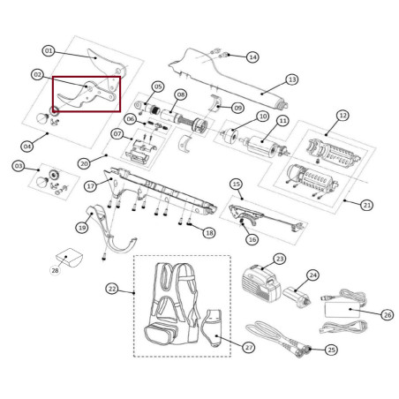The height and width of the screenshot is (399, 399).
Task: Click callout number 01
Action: point(49,51)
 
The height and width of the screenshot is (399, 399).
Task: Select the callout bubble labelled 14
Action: point(252,56)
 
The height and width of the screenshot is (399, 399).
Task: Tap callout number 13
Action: point(292,79)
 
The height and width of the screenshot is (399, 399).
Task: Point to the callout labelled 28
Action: point(55,270)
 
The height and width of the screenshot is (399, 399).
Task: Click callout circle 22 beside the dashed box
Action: point(112,289)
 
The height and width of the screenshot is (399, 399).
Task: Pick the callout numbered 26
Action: point(388,315)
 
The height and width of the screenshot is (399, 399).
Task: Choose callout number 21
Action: point(366,205)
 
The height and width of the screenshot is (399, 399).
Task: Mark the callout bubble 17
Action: point(90,186)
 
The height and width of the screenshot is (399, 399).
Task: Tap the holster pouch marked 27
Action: point(213,328)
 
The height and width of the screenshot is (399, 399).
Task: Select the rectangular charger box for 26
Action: point(343,310)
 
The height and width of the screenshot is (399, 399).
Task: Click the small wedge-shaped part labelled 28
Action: point(70,258)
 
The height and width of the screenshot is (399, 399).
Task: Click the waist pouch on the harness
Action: point(161,334)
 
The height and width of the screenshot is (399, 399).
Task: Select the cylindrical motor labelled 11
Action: point(263,146)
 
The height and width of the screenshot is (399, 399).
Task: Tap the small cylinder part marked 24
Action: point(297,297)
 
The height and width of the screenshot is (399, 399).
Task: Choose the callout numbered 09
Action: point(237,108)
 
